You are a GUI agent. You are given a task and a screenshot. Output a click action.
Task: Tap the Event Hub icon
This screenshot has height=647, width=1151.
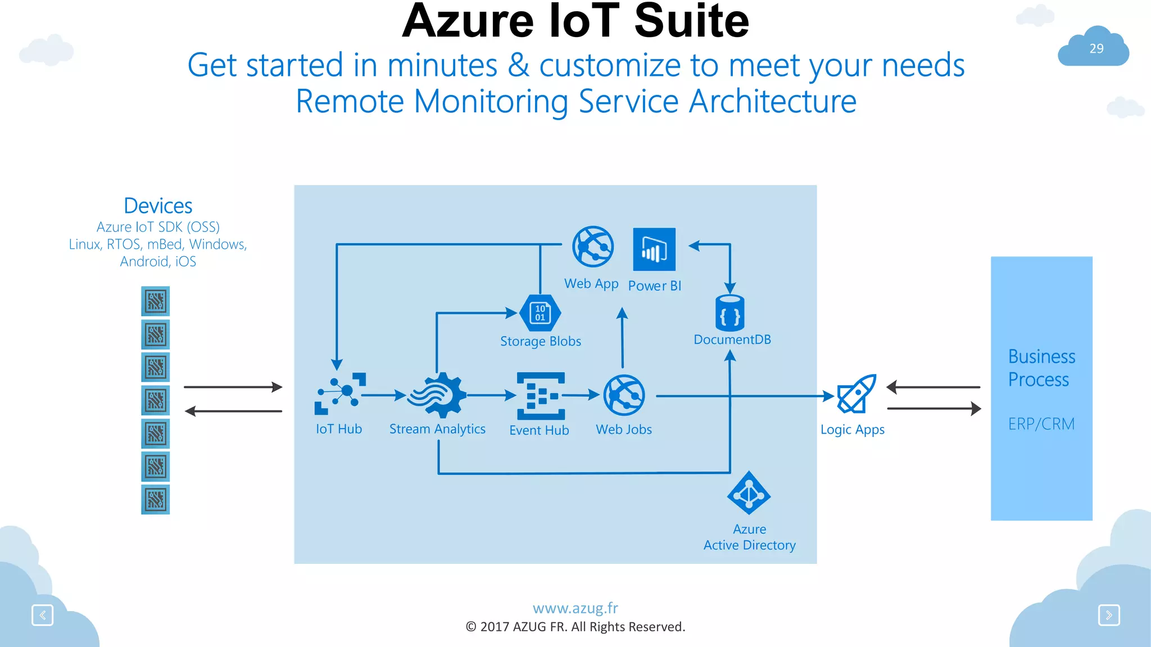(x=541, y=396)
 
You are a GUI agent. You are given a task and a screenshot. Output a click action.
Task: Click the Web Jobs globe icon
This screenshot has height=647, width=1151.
(x=624, y=395)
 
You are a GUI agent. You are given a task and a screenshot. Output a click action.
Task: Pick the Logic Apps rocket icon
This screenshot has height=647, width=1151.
(x=857, y=394)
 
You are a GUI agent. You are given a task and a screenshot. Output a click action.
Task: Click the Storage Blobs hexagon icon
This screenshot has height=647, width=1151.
(x=540, y=313)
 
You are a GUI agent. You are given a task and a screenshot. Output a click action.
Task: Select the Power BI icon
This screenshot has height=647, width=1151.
(x=654, y=249)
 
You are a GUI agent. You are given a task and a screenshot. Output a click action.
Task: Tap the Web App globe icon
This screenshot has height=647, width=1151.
(x=593, y=247)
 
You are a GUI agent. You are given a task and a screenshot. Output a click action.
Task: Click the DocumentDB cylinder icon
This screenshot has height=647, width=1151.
(x=730, y=313)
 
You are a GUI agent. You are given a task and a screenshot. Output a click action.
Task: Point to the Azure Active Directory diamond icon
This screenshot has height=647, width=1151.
(x=749, y=493)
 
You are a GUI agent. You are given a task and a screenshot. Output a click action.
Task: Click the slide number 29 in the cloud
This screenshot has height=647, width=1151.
(x=1096, y=49)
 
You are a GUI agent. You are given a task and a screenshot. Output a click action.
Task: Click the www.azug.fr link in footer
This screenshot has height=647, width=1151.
(x=575, y=608)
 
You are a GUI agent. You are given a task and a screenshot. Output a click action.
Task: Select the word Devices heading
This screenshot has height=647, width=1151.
(x=158, y=206)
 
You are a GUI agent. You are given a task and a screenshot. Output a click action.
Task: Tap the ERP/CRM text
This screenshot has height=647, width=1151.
(x=1041, y=423)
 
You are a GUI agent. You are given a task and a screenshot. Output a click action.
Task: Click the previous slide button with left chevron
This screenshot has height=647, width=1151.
(x=43, y=615)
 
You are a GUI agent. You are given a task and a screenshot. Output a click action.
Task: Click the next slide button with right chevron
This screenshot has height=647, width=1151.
(x=1109, y=615)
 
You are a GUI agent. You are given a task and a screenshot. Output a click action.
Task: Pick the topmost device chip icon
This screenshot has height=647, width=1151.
(x=156, y=301)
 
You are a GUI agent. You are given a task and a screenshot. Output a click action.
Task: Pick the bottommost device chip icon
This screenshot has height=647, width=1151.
(x=156, y=499)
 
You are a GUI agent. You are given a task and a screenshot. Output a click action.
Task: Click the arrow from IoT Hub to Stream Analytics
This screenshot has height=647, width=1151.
(x=383, y=395)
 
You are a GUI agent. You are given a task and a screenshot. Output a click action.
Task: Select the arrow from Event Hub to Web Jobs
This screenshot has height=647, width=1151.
(x=582, y=395)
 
